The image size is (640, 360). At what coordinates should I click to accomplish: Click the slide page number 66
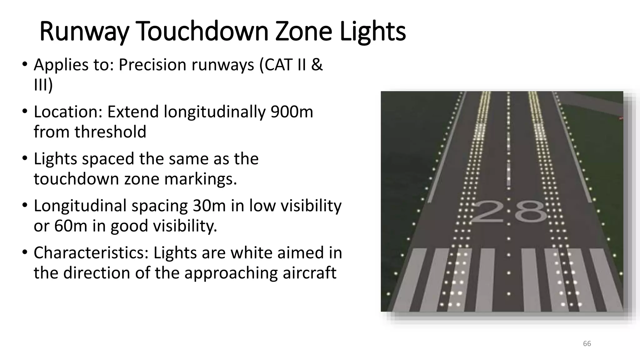tap(587, 344)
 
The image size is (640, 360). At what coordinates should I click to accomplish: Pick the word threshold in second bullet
tap(110, 132)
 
